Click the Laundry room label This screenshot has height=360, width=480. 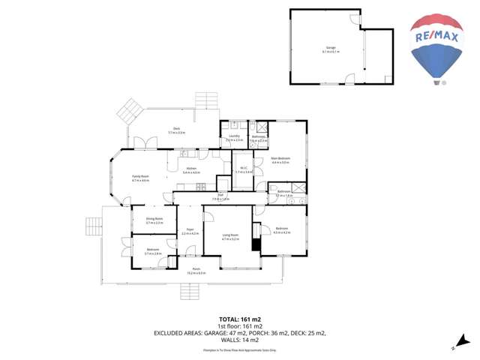pos(234,137)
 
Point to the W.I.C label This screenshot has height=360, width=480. pos(244,170)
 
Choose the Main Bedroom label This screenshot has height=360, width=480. pos(280,159)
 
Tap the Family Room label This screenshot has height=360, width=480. pos(141,178)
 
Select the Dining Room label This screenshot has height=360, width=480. pos(154,220)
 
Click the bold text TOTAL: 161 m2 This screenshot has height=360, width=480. pos(239,319)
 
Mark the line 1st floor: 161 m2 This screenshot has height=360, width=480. pos(239,326)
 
